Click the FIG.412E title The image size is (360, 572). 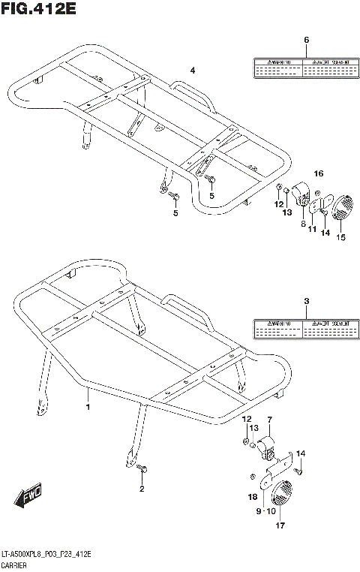[39, 9]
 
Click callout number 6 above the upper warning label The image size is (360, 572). [306, 40]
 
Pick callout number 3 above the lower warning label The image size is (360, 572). [306, 302]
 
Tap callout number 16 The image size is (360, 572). [319, 173]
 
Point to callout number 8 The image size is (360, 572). [303, 224]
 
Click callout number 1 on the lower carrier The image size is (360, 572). [88, 407]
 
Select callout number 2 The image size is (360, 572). [140, 489]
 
